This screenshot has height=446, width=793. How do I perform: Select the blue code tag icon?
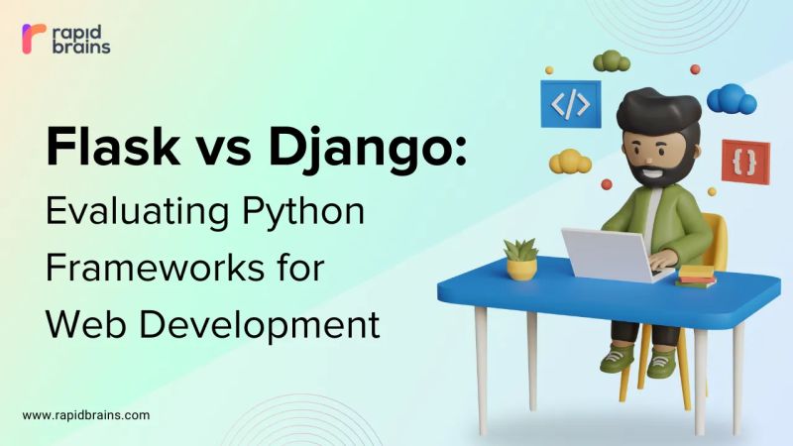click(x=570, y=103)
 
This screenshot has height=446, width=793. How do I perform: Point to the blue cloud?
click(x=733, y=98)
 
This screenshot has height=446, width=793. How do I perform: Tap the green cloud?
click(x=612, y=61)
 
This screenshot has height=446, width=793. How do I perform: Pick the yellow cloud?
click(x=570, y=161)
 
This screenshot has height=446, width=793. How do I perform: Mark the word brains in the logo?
click(x=82, y=47)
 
